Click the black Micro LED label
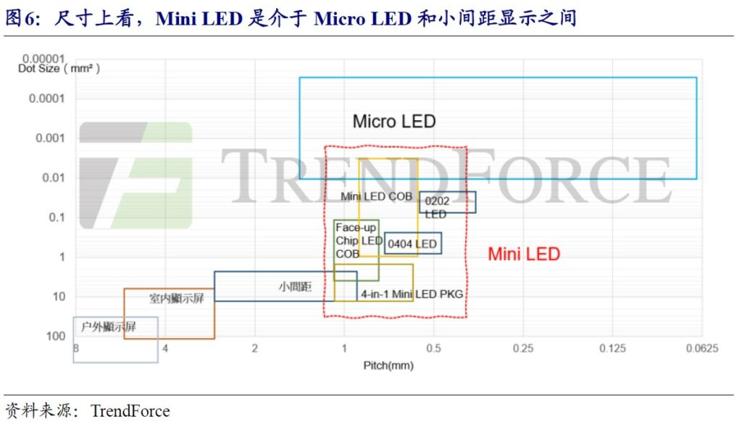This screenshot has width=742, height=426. click(x=394, y=122)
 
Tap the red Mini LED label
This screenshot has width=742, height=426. click(x=524, y=254)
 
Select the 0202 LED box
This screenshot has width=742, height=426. click(x=448, y=192)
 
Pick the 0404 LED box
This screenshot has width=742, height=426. click(x=412, y=233)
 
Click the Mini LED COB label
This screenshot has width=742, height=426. click(x=376, y=196)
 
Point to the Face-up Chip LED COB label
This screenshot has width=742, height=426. click(x=359, y=241)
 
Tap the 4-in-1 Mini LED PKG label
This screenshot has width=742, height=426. click(x=412, y=294)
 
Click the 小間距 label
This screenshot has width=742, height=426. click(x=295, y=287)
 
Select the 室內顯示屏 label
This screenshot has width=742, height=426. click(x=177, y=298)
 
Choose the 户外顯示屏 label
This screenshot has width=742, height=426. click(x=109, y=327)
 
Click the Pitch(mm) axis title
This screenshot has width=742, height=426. click(x=388, y=365)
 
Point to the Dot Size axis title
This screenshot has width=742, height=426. click(x=59, y=69)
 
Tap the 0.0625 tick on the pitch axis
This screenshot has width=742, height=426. click(x=701, y=349)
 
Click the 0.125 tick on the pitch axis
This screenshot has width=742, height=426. click(x=612, y=349)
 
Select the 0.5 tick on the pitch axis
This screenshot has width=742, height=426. click(x=433, y=349)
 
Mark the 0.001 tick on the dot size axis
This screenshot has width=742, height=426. click(x=50, y=138)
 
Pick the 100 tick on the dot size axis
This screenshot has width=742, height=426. click(x=55, y=336)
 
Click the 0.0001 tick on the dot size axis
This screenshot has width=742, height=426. click(x=46, y=99)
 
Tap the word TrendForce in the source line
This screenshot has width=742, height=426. click(x=130, y=411)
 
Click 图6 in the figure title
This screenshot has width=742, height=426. click(x=20, y=18)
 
